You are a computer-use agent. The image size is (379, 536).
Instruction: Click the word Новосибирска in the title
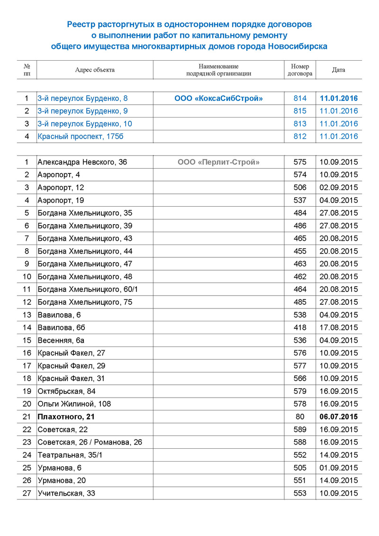pos(298,46)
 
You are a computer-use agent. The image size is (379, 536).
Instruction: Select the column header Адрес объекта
pos(95,70)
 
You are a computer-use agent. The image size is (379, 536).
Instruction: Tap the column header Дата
pos(338,70)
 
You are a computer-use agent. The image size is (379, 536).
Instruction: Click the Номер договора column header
pos(300,70)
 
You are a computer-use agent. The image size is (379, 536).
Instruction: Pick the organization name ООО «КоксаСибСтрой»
pos(218,99)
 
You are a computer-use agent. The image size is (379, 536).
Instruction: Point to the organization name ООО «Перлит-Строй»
pos(218,162)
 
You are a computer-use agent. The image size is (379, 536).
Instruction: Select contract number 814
pos(300,99)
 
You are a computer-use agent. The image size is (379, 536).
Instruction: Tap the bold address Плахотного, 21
pos(66,417)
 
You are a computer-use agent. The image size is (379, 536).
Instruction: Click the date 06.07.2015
pos(338,417)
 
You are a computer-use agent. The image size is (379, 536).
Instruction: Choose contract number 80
pos(300,417)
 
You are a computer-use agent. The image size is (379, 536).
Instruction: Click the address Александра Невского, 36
pos(82,162)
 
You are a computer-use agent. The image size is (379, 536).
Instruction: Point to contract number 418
pos(300,327)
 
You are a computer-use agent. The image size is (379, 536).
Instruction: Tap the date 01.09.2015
pos(338,468)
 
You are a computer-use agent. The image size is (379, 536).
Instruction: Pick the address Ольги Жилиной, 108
pos(74,404)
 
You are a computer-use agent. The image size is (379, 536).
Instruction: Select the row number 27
pos(27,493)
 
